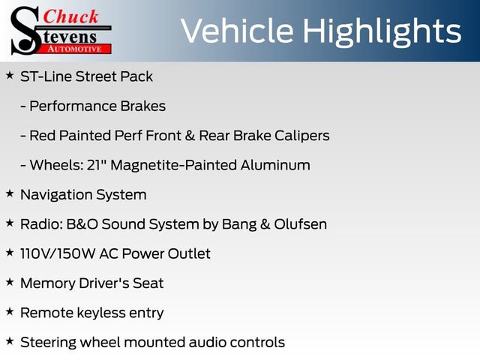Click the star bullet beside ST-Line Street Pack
pyautogui.click(x=9, y=76)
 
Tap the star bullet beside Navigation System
pyautogui.click(x=9, y=193)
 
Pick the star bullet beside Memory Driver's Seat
pyautogui.click(x=9, y=282)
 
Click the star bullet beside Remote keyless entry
pyautogui.click(x=9, y=311)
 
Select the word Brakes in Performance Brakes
pyautogui.click(x=142, y=106)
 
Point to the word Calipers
pyautogui.click(x=301, y=136)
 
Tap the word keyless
pyautogui.click(x=100, y=312)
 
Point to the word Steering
pyautogui.click(x=49, y=342)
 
